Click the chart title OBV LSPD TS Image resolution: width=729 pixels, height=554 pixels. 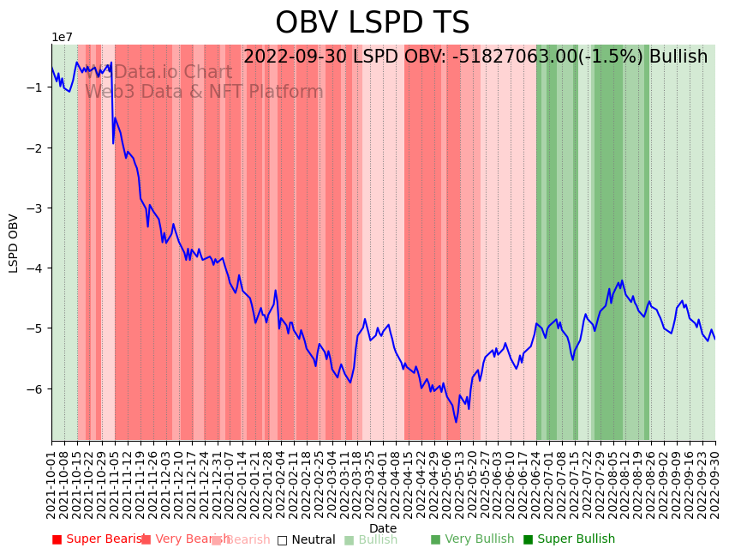pos(372,23)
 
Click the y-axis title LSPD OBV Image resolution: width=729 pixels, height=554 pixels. pos(14,244)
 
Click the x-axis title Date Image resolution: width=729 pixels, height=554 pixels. pos(382,528)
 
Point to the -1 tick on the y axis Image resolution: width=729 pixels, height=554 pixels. pos(39,87)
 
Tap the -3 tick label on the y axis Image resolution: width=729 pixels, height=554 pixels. pos(39,208)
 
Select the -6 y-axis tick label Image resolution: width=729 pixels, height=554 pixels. pos(39,389)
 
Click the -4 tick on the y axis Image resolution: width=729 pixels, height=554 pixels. pos(39,268)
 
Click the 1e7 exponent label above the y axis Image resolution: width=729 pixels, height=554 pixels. pos(63,37)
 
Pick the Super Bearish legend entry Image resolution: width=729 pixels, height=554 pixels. pos(96,539)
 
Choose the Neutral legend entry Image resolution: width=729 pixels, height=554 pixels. pos(306,540)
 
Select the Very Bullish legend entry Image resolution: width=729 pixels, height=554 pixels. pos(472,539)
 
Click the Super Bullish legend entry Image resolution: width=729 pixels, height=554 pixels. pos(569,539)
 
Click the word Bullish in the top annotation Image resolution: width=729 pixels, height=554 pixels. pos(678,57)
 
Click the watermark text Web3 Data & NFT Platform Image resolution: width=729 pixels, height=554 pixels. pos(204,92)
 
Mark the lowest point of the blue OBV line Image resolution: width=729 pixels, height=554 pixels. pos(456,422)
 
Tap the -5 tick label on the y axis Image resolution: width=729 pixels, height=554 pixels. pos(39,328)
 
